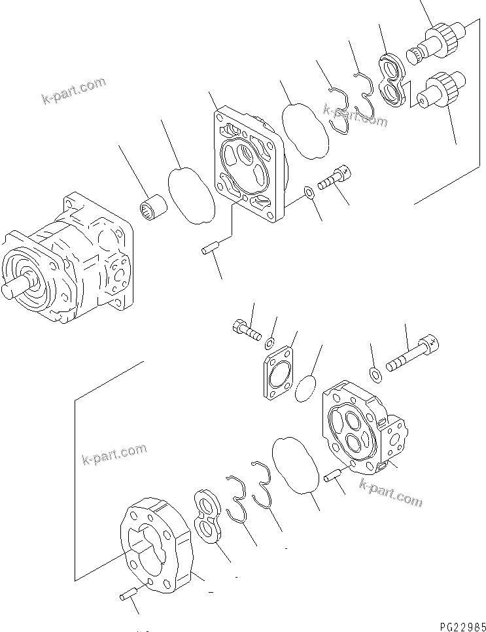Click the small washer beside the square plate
(307, 193)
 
